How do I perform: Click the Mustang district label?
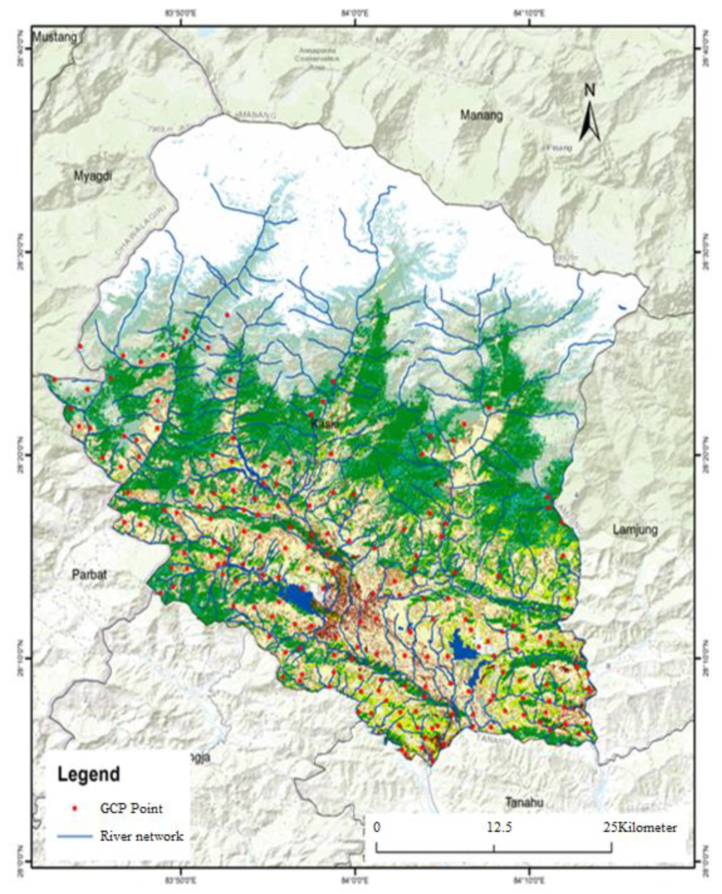55,37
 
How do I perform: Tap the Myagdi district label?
93,176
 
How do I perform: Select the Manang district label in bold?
481,115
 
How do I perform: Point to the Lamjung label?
635,530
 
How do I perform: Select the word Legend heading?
88,774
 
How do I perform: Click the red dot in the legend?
75,808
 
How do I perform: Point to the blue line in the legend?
75,836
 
